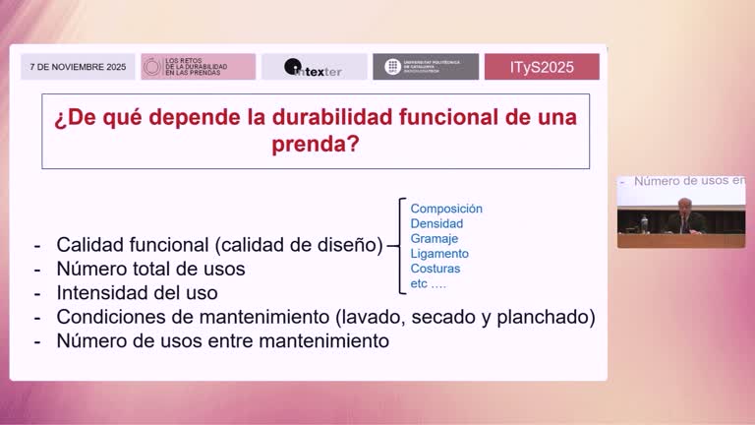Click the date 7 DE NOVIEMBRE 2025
click(79, 67)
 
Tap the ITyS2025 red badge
click(542, 67)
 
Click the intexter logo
click(315, 67)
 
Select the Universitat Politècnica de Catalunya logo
click(426, 67)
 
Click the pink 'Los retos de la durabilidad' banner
click(199, 67)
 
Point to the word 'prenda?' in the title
click(315, 146)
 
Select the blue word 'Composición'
click(446, 209)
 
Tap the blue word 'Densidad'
click(436, 223)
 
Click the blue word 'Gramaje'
click(435, 239)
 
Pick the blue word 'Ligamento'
click(439, 254)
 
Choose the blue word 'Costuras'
click(436, 269)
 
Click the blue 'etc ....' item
click(429, 284)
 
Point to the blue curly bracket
click(401, 246)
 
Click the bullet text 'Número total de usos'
click(150, 269)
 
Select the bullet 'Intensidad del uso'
click(137, 292)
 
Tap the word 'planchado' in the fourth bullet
click(552, 317)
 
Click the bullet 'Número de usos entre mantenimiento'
click(222, 340)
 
